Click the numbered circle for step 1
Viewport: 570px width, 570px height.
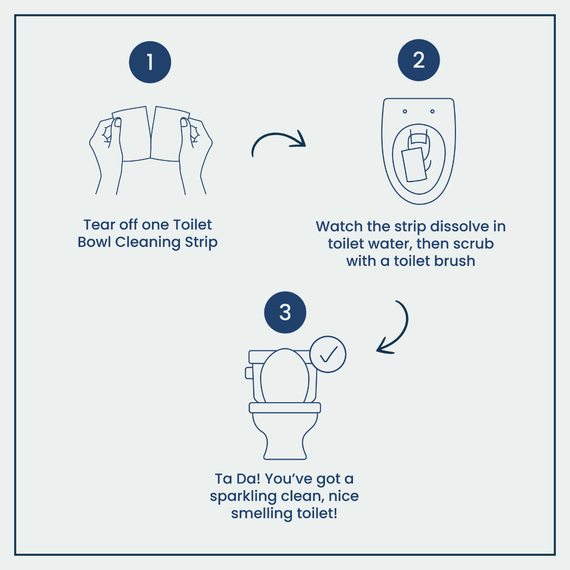point(150,62)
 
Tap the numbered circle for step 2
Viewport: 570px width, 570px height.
point(419,60)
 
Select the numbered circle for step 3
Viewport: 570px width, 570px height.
point(285,312)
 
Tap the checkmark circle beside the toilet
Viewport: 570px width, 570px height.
point(328,354)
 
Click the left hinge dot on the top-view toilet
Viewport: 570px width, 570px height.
point(405,111)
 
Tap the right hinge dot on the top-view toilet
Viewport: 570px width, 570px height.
point(432,111)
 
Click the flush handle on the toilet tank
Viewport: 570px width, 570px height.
point(249,373)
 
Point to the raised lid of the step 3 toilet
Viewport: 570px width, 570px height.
point(285,376)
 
